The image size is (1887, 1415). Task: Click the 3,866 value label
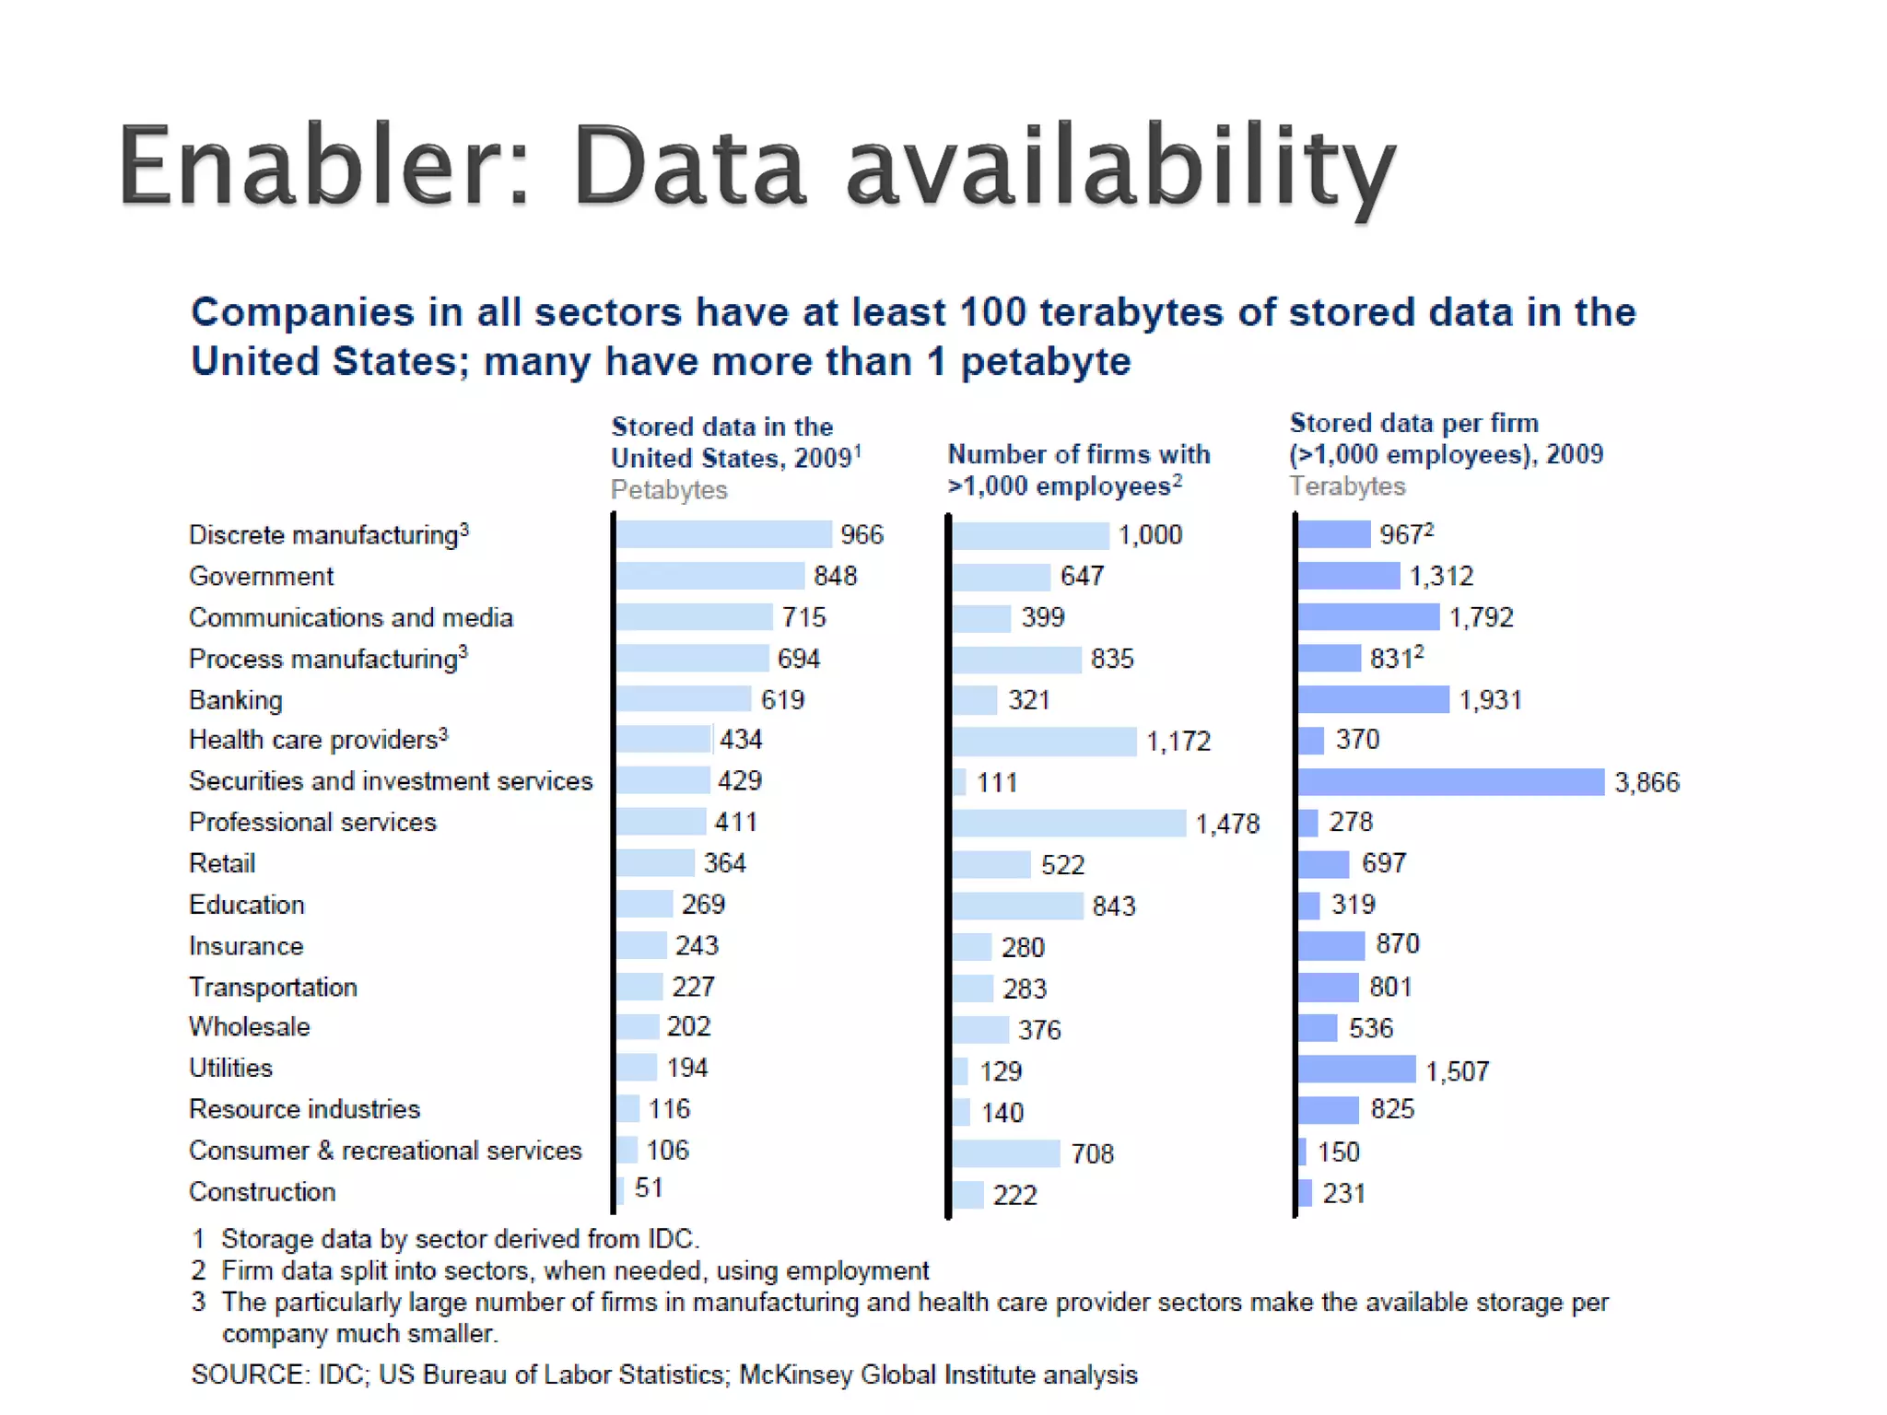point(1647,783)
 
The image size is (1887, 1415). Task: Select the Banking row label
point(236,700)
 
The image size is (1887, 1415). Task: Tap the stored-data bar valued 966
point(724,534)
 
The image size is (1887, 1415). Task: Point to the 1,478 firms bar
point(1069,823)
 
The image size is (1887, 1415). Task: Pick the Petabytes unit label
point(669,490)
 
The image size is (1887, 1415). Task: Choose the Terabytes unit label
point(1347,486)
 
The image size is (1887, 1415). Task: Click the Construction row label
point(263,1192)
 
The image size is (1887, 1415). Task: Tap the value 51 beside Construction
point(649,1188)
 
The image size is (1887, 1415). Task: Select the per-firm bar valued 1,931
point(1373,700)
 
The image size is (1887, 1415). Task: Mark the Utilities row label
point(231,1068)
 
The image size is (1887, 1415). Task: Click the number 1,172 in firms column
point(1178,742)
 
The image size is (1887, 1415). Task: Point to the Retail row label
point(222,863)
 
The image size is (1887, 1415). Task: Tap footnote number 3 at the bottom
point(198,1303)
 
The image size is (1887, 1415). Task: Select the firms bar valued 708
point(1006,1153)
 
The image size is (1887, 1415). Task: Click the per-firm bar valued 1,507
point(1356,1070)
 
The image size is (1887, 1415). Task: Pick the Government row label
point(262,577)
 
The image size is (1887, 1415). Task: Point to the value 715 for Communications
point(803,617)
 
